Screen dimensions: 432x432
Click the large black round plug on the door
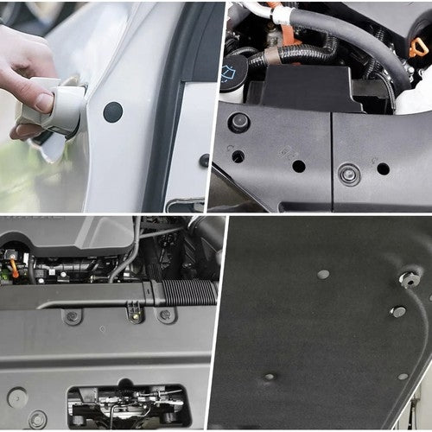click(112, 111)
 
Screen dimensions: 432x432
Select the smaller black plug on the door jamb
click(204, 160)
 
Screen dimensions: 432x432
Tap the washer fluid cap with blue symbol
click(230, 73)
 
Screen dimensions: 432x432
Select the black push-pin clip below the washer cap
click(239, 122)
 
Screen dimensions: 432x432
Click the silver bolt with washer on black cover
click(349, 175)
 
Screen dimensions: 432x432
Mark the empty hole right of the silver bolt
click(383, 168)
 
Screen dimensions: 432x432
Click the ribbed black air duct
click(186, 292)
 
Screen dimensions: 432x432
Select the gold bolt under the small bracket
click(135, 317)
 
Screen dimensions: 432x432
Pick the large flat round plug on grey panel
click(16, 397)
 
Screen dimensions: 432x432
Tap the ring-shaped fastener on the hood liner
click(410, 278)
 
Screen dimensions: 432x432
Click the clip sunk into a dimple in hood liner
click(270, 377)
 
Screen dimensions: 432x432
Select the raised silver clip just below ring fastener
click(398, 311)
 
